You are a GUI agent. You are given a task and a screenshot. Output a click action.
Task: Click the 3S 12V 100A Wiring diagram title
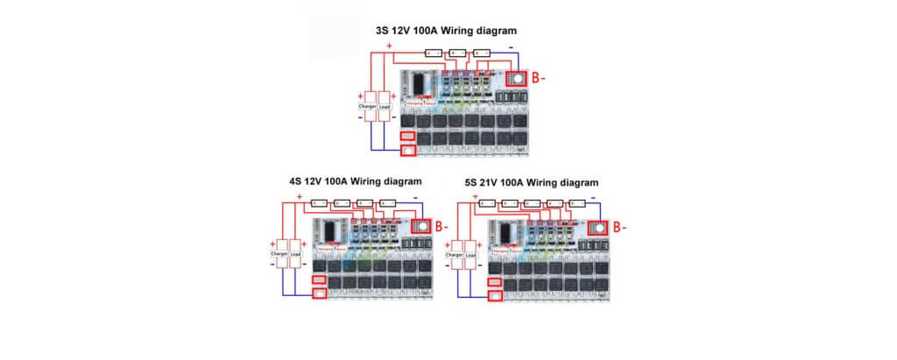click(x=446, y=31)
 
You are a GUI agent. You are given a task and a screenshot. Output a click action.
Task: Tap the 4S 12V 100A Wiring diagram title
click(x=355, y=181)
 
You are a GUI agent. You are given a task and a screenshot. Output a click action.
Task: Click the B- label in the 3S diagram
click(x=539, y=78)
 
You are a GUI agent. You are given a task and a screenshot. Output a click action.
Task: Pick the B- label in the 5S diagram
click(x=619, y=227)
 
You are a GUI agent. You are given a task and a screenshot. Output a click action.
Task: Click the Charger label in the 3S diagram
click(x=368, y=107)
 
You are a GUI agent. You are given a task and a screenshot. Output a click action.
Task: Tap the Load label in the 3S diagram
click(x=384, y=107)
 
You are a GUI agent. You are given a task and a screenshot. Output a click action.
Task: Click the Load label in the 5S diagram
click(x=470, y=255)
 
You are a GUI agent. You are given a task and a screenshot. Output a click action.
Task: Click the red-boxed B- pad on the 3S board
click(x=517, y=78)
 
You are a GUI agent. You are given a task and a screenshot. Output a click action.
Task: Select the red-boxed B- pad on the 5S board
click(x=597, y=228)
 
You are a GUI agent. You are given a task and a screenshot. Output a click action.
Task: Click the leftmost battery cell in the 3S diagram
click(x=432, y=53)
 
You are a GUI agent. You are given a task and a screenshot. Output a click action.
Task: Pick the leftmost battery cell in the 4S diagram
click(x=319, y=201)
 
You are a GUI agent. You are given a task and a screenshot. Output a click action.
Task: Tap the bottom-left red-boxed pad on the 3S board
click(x=407, y=150)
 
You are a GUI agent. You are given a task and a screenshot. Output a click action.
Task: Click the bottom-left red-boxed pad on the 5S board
click(x=495, y=296)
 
